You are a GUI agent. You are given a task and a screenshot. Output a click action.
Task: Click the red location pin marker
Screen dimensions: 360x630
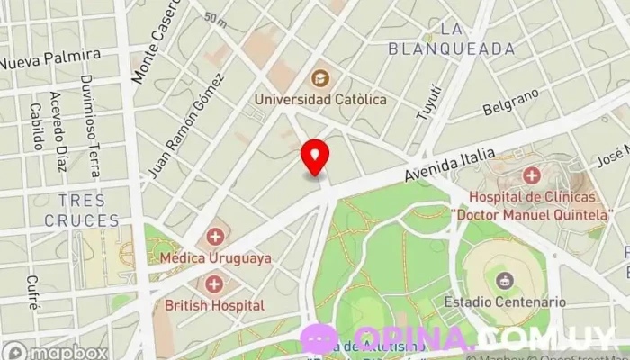(314, 157)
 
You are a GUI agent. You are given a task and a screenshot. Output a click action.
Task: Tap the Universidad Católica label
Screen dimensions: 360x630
(320, 99)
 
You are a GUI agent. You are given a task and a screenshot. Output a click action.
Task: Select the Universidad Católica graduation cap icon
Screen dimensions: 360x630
(320, 79)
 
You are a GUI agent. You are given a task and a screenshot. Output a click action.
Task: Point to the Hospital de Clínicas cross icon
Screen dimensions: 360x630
(531, 175)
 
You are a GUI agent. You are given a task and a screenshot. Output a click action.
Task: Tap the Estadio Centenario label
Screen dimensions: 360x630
(505, 302)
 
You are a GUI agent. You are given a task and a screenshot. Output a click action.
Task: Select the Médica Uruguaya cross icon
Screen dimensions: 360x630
(215, 237)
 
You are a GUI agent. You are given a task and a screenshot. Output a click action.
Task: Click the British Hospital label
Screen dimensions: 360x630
(215, 305)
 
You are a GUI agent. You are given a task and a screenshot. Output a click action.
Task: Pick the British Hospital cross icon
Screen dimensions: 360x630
(215, 284)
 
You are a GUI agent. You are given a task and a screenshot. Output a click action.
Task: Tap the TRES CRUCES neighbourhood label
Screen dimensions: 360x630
(81, 210)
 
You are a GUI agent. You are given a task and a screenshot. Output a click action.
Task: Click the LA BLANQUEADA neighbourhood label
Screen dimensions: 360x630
(452, 39)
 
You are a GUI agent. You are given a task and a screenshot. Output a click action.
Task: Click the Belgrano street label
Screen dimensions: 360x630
(510, 102)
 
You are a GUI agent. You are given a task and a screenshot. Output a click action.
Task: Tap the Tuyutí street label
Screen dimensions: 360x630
(429, 101)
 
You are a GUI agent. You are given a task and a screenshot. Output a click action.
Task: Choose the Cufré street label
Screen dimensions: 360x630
(33, 292)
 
